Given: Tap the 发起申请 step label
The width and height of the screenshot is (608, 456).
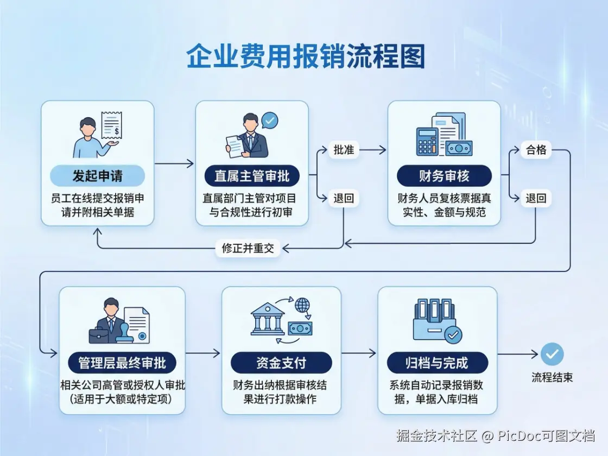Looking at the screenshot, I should [x=98, y=176].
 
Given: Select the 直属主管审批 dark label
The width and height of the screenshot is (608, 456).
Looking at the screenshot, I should [x=252, y=176].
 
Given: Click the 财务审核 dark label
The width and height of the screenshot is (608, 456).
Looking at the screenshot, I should [x=444, y=176].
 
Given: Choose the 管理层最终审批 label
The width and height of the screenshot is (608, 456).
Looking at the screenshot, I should [x=122, y=363].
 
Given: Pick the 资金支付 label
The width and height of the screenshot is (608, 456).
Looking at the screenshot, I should [x=281, y=363].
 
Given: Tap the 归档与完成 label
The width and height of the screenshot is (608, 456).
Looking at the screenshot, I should [x=437, y=363].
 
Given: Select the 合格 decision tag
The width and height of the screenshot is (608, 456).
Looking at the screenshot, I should [x=536, y=150].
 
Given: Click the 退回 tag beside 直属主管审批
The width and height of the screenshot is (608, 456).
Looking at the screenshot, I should [x=344, y=198].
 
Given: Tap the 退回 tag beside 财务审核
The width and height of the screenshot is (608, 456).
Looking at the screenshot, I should [x=536, y=198].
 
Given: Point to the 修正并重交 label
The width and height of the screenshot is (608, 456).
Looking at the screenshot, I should [x=248, y=249].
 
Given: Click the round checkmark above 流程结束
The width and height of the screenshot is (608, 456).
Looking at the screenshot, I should [x=552, y=354].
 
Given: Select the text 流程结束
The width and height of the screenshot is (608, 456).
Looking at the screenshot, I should [x=552, y=378].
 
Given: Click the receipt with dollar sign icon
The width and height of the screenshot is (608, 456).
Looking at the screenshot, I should [x=111, y=126].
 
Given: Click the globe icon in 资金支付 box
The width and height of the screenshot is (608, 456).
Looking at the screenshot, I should [x=302, y=305].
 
